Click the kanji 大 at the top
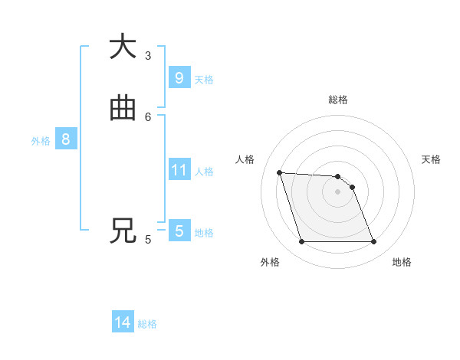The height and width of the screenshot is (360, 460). tap(123, 47)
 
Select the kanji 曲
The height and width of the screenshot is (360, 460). tap(123, 109)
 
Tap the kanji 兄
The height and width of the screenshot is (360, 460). tap(123, 231)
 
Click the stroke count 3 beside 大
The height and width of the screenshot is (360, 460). tap(148, 55)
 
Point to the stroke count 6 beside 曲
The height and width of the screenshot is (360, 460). tap(148, 116)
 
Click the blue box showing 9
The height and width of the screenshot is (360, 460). tap(179, 77)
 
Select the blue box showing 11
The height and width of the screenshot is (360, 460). tap(179, 170)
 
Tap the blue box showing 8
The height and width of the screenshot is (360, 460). tap(66, 139)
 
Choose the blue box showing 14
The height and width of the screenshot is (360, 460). tap(123, 323)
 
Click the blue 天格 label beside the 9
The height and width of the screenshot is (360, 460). tap(204, 79)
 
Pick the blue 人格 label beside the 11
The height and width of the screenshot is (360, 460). tap(205, 172)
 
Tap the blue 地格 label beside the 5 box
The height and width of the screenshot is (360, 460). tap(204, 233)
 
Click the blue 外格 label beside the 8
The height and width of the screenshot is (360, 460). tap(41, 141)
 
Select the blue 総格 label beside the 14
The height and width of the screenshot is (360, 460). tap(147, 325)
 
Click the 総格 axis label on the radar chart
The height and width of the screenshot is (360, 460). tap(338, 100)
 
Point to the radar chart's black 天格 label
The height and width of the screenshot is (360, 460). tap(431, 159)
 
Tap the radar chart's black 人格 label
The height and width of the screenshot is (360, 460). tap(245, 159)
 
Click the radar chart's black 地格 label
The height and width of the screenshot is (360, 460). tap(402, 262)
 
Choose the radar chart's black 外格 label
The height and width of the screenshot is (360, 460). tap(270, 262)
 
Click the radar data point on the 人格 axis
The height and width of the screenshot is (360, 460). tap(280, 172)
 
